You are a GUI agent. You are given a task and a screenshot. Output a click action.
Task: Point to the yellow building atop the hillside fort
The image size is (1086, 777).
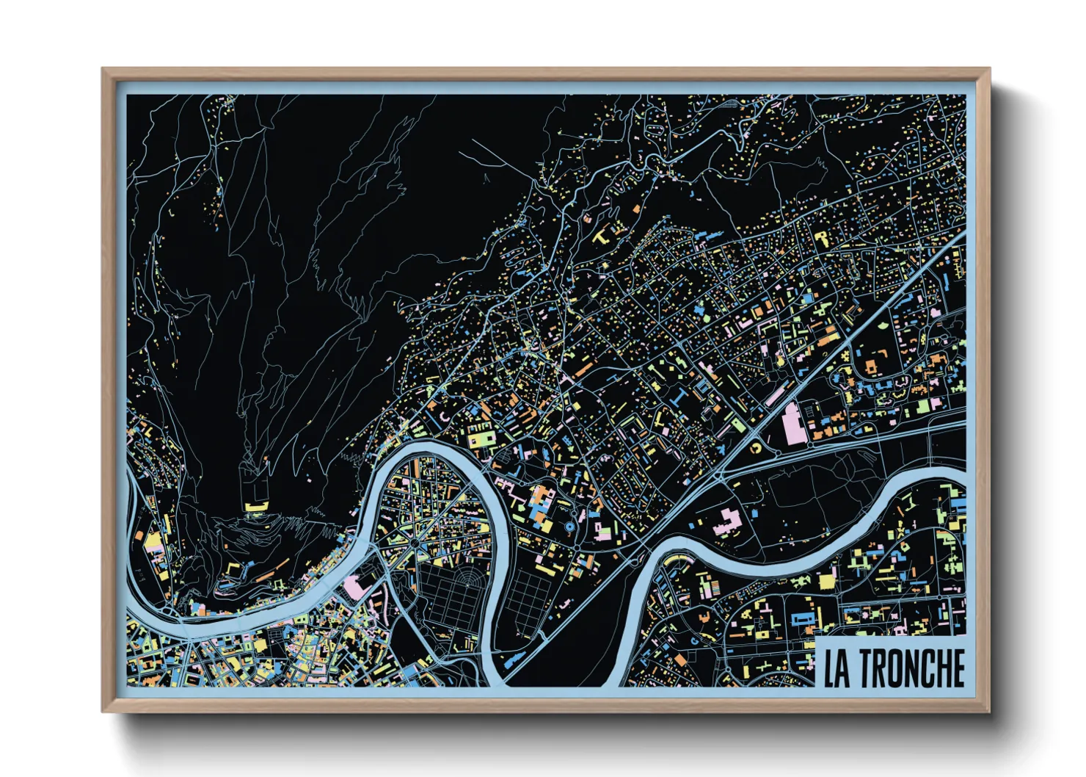click(255, 505)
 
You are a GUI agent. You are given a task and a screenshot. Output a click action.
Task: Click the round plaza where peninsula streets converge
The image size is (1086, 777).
click(415, 542)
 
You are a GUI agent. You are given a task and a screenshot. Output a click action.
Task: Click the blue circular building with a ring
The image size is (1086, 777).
click(572, 527)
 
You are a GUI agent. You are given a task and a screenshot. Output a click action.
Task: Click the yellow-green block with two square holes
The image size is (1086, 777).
click(481, 439)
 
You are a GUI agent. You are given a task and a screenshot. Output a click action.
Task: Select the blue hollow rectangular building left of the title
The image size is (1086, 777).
click(804, 618)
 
